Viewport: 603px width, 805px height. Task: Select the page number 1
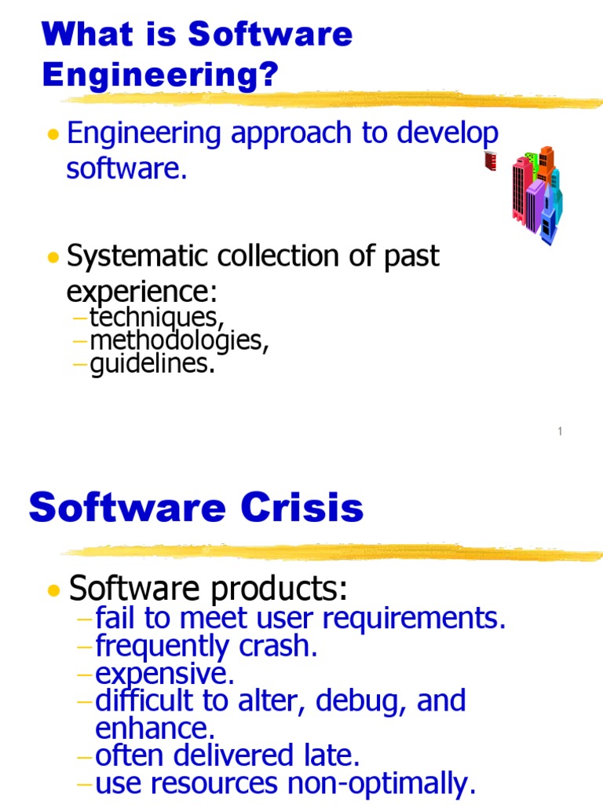click(x=561, y=430)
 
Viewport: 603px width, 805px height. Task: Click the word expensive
click(x=164, y=675)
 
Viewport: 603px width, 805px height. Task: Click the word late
click(x=327, y=755)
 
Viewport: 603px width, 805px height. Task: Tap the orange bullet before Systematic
click(x=53, y=258)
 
